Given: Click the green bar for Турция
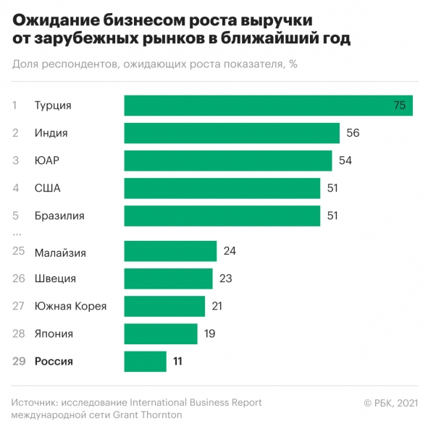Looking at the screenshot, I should tap(268, 106).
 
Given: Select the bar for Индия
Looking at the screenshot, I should tap(232, 133).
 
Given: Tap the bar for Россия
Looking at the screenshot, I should tap(145, 361).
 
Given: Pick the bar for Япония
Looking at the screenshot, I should tap(161, 333).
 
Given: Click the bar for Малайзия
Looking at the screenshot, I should tap(170, 251).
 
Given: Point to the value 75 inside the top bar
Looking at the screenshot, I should tap(399, 106).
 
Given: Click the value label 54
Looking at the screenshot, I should tap(345, 161).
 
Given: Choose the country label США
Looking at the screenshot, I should tap(48, 188).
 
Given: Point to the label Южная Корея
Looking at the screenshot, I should tap(70, 306).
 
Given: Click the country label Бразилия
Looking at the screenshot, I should tap(59, 216).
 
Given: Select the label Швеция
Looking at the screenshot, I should tap(55, 278).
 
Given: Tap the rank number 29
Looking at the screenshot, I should tap(19, 361).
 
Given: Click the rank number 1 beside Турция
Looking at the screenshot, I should tap(14, 106).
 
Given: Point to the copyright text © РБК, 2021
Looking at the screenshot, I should tap(390, 403).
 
